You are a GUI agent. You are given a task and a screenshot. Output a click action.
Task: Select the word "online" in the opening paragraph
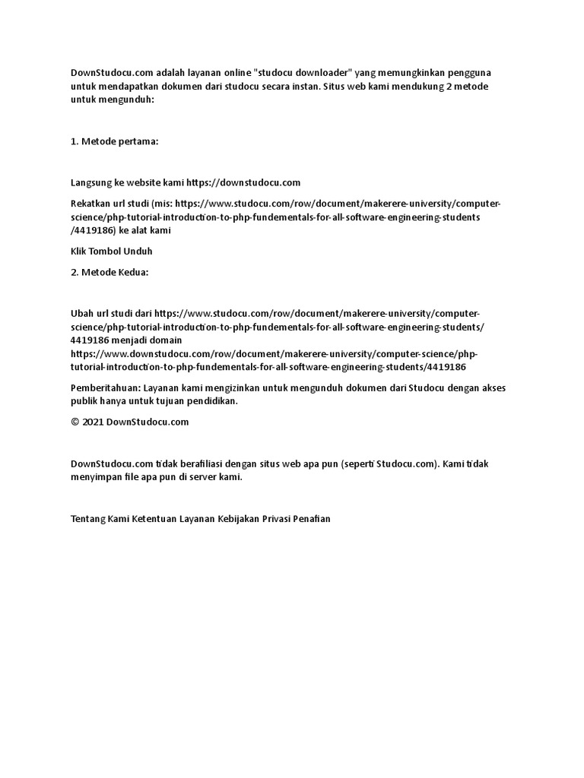(x=236, y=73)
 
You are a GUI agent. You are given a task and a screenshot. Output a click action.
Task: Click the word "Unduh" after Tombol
(x=148, y=251)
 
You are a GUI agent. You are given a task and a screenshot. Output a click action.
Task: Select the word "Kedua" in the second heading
(x=134, y=272)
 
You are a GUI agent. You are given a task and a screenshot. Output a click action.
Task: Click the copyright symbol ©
(x=75, y=422)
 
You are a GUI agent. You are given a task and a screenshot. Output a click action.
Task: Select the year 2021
(x=92, y=422)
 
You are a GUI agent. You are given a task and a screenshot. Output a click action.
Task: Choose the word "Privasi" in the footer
(x=277, y=518)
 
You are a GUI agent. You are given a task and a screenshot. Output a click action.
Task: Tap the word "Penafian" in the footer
(x=313, y=518)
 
